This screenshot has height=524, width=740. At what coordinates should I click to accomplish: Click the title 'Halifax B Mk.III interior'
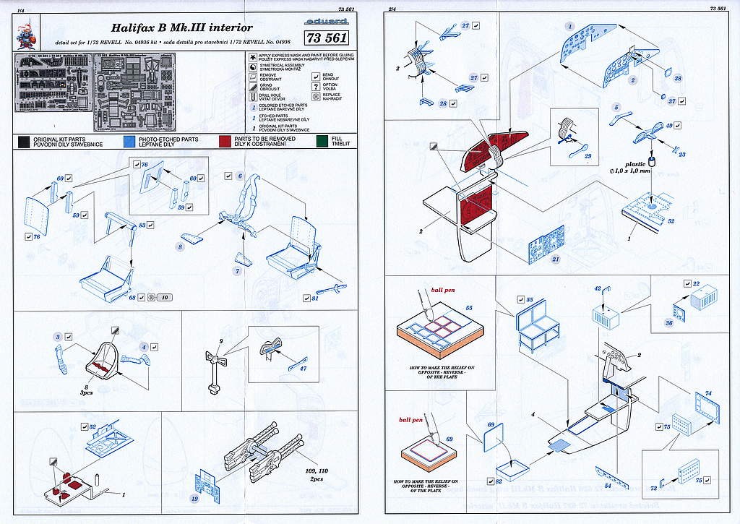click(181, 28)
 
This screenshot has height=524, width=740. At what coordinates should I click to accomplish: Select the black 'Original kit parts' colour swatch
click(24, 141)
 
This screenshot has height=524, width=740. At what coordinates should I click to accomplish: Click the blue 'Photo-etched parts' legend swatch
click(129, 141)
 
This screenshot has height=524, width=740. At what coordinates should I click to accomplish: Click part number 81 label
click(316, 298)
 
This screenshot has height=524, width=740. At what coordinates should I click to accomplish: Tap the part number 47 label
click(303, 369)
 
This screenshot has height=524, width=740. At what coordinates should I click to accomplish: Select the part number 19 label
click(194, 499)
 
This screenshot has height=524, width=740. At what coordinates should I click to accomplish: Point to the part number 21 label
click(556, 259)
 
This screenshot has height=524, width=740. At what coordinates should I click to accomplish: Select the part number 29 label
click(588, 156)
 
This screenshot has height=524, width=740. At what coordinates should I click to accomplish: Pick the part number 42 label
click(598, 289)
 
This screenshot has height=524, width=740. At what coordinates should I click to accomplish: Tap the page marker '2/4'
click(392, 9)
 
